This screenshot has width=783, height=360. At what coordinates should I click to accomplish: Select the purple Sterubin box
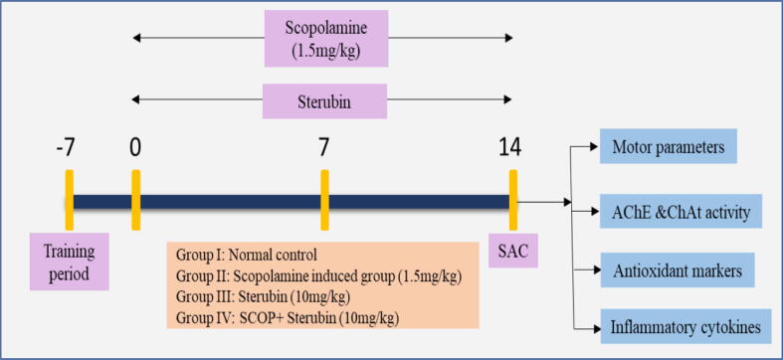323,100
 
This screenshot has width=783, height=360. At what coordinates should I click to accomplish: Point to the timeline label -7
66,150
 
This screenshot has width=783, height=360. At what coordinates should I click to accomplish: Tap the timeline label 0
135,150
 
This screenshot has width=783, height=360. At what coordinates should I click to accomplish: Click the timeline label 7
323,150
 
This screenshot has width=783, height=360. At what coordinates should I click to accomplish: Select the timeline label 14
511,150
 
